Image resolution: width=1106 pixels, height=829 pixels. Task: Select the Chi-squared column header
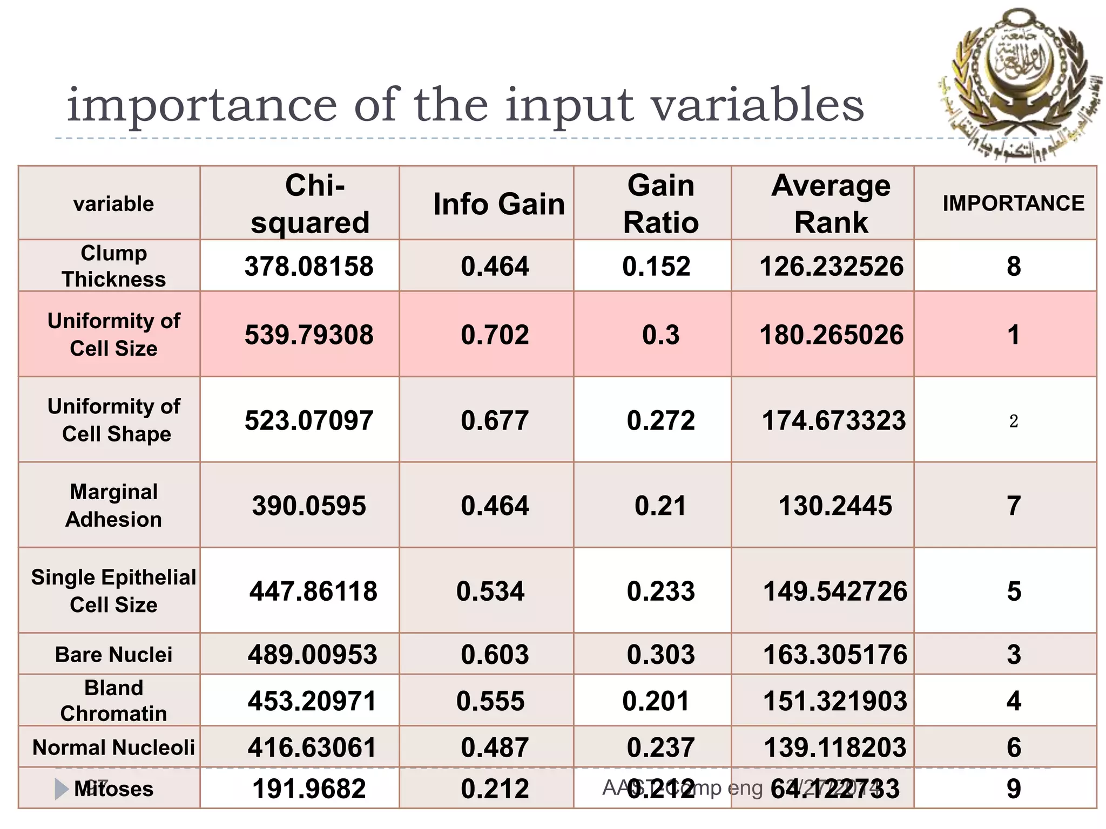click(x=311, y=204)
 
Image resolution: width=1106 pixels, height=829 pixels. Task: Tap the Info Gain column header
click(x=498, y=204)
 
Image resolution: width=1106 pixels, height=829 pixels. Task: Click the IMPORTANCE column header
click(x=1013, y=203)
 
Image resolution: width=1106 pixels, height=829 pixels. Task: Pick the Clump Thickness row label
click(x=113, y=266)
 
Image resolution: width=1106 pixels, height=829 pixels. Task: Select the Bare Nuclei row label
click(x=113, y=655)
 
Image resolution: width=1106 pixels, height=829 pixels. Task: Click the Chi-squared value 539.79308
click(x=309, y=335)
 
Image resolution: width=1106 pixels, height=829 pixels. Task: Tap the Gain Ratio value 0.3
click(x=660, y=335)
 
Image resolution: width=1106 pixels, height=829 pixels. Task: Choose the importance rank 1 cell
click(x=1014, y=335)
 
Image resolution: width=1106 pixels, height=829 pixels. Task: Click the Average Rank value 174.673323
click(x=833, y=420)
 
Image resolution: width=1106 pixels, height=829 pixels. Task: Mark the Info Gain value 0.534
click(x=490, y=592)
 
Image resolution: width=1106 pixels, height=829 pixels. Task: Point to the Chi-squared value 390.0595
click(x=309, y=506)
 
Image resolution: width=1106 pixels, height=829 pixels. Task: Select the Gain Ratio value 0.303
click(x=660, y=655)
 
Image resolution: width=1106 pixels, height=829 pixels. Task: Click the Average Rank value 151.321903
click(x=834, y=701)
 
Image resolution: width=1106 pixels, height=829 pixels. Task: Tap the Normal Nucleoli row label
click(x=113, y=748)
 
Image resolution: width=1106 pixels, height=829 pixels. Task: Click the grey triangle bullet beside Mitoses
click(x=61, y=789)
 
